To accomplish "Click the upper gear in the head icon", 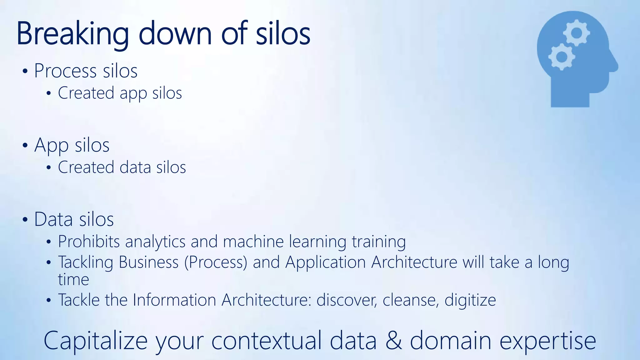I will (577, 32).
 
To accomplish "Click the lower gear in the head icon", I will (562, 57).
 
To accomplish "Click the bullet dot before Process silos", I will (25, 71).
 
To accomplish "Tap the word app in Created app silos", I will (133, 93).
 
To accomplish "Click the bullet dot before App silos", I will (25, 145).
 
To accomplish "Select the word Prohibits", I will (89, 242).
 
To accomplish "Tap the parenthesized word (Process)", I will (216, 262).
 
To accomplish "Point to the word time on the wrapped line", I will (73, 279).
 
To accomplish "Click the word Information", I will (174, 300).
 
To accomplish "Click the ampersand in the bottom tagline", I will (393, 341).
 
